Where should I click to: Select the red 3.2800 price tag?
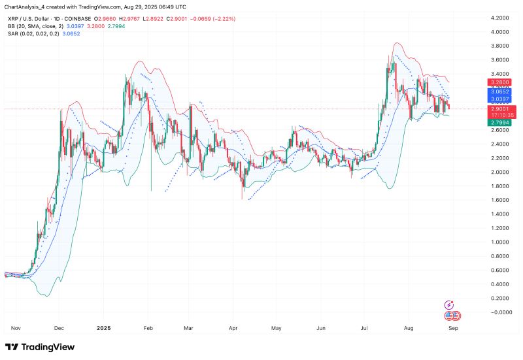tap(498, 83)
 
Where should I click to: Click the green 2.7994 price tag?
tap(498, 122)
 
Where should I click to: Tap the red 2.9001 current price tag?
tap(498, 109)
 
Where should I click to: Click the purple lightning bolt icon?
tap(450, 304)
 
